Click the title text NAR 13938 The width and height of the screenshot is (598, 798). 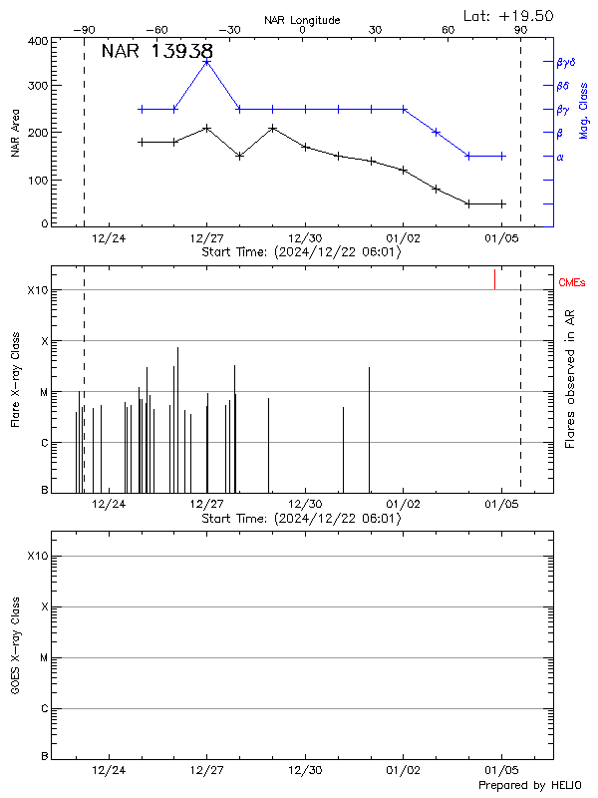[156, 52]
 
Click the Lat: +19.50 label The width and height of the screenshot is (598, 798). [509, 15]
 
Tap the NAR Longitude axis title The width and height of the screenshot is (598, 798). [302, 20]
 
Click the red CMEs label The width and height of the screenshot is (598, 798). [573, 283]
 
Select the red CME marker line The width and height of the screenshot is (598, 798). [494, 279]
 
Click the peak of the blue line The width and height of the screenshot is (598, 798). [206, 62]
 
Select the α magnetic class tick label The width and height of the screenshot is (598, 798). [559, 157]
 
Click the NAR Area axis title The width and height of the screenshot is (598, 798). [15, 133]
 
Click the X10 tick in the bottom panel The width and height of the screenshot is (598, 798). [37, 556]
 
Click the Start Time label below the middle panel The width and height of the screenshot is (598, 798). [301, 519]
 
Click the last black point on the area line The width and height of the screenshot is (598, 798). [502, 203]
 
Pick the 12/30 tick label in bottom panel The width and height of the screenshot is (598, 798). [305, 770]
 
